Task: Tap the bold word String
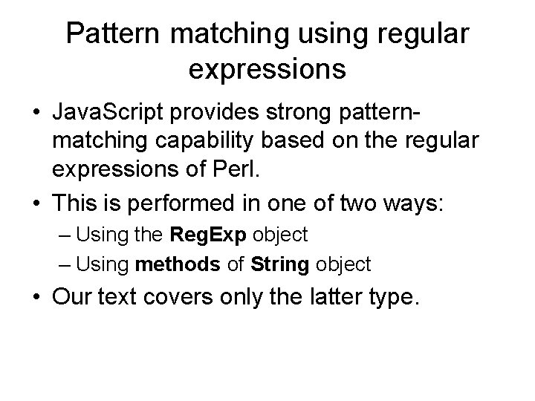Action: pos(280,263)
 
